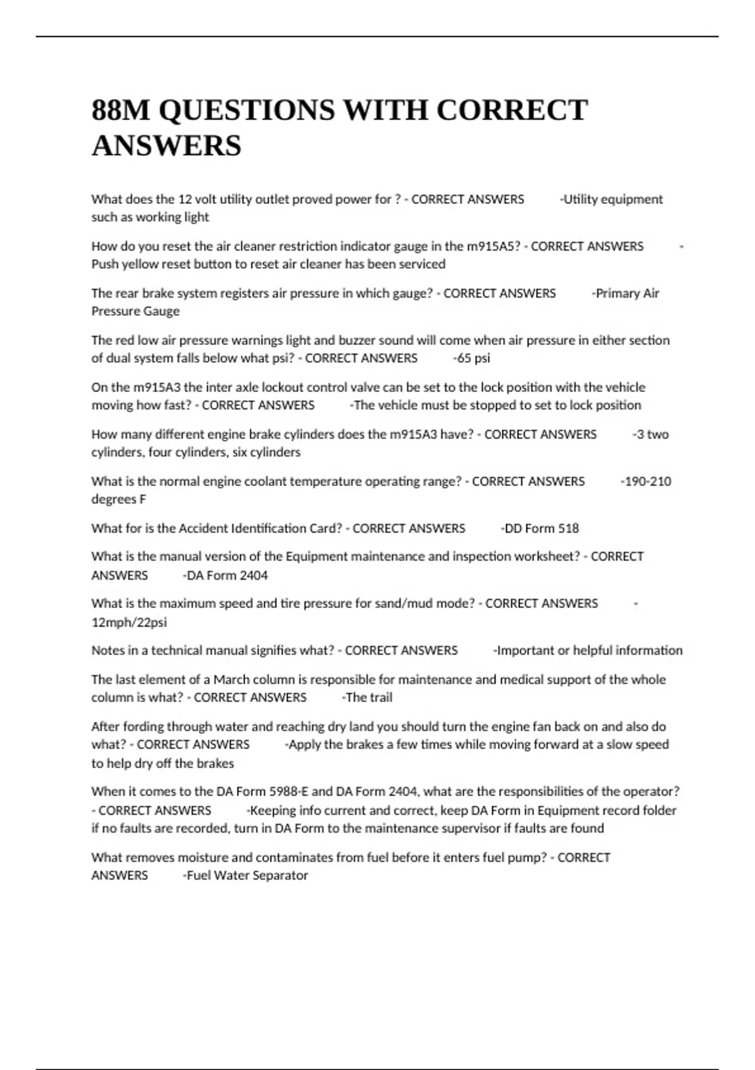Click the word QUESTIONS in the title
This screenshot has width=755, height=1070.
pyautogui.click(x=247, y=110)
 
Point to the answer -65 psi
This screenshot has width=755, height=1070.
pyautogui.click(x=472, y=358)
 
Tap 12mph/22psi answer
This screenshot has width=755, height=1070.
pyautogui.click(x=129, y=622)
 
